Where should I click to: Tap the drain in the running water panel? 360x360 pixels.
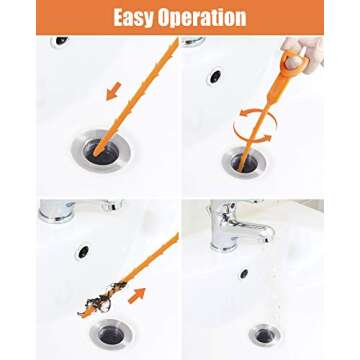(264, 334)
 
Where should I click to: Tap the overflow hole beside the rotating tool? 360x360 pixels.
(214, 76)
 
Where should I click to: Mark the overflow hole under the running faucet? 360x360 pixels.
(243, 272)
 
